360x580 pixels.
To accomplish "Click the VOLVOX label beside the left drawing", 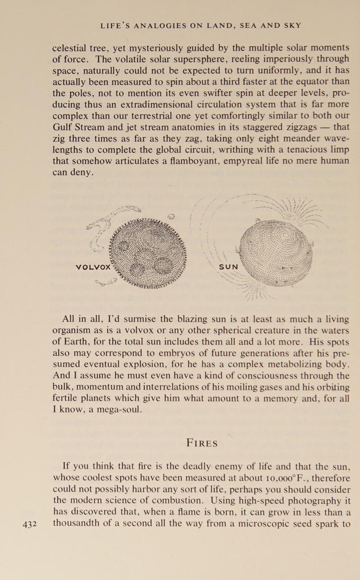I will (93, 267).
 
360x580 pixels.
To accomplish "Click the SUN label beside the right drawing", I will (229, 267).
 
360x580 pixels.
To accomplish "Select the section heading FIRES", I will (202, 443).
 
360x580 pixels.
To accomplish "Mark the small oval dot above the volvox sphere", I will (171, 217).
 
